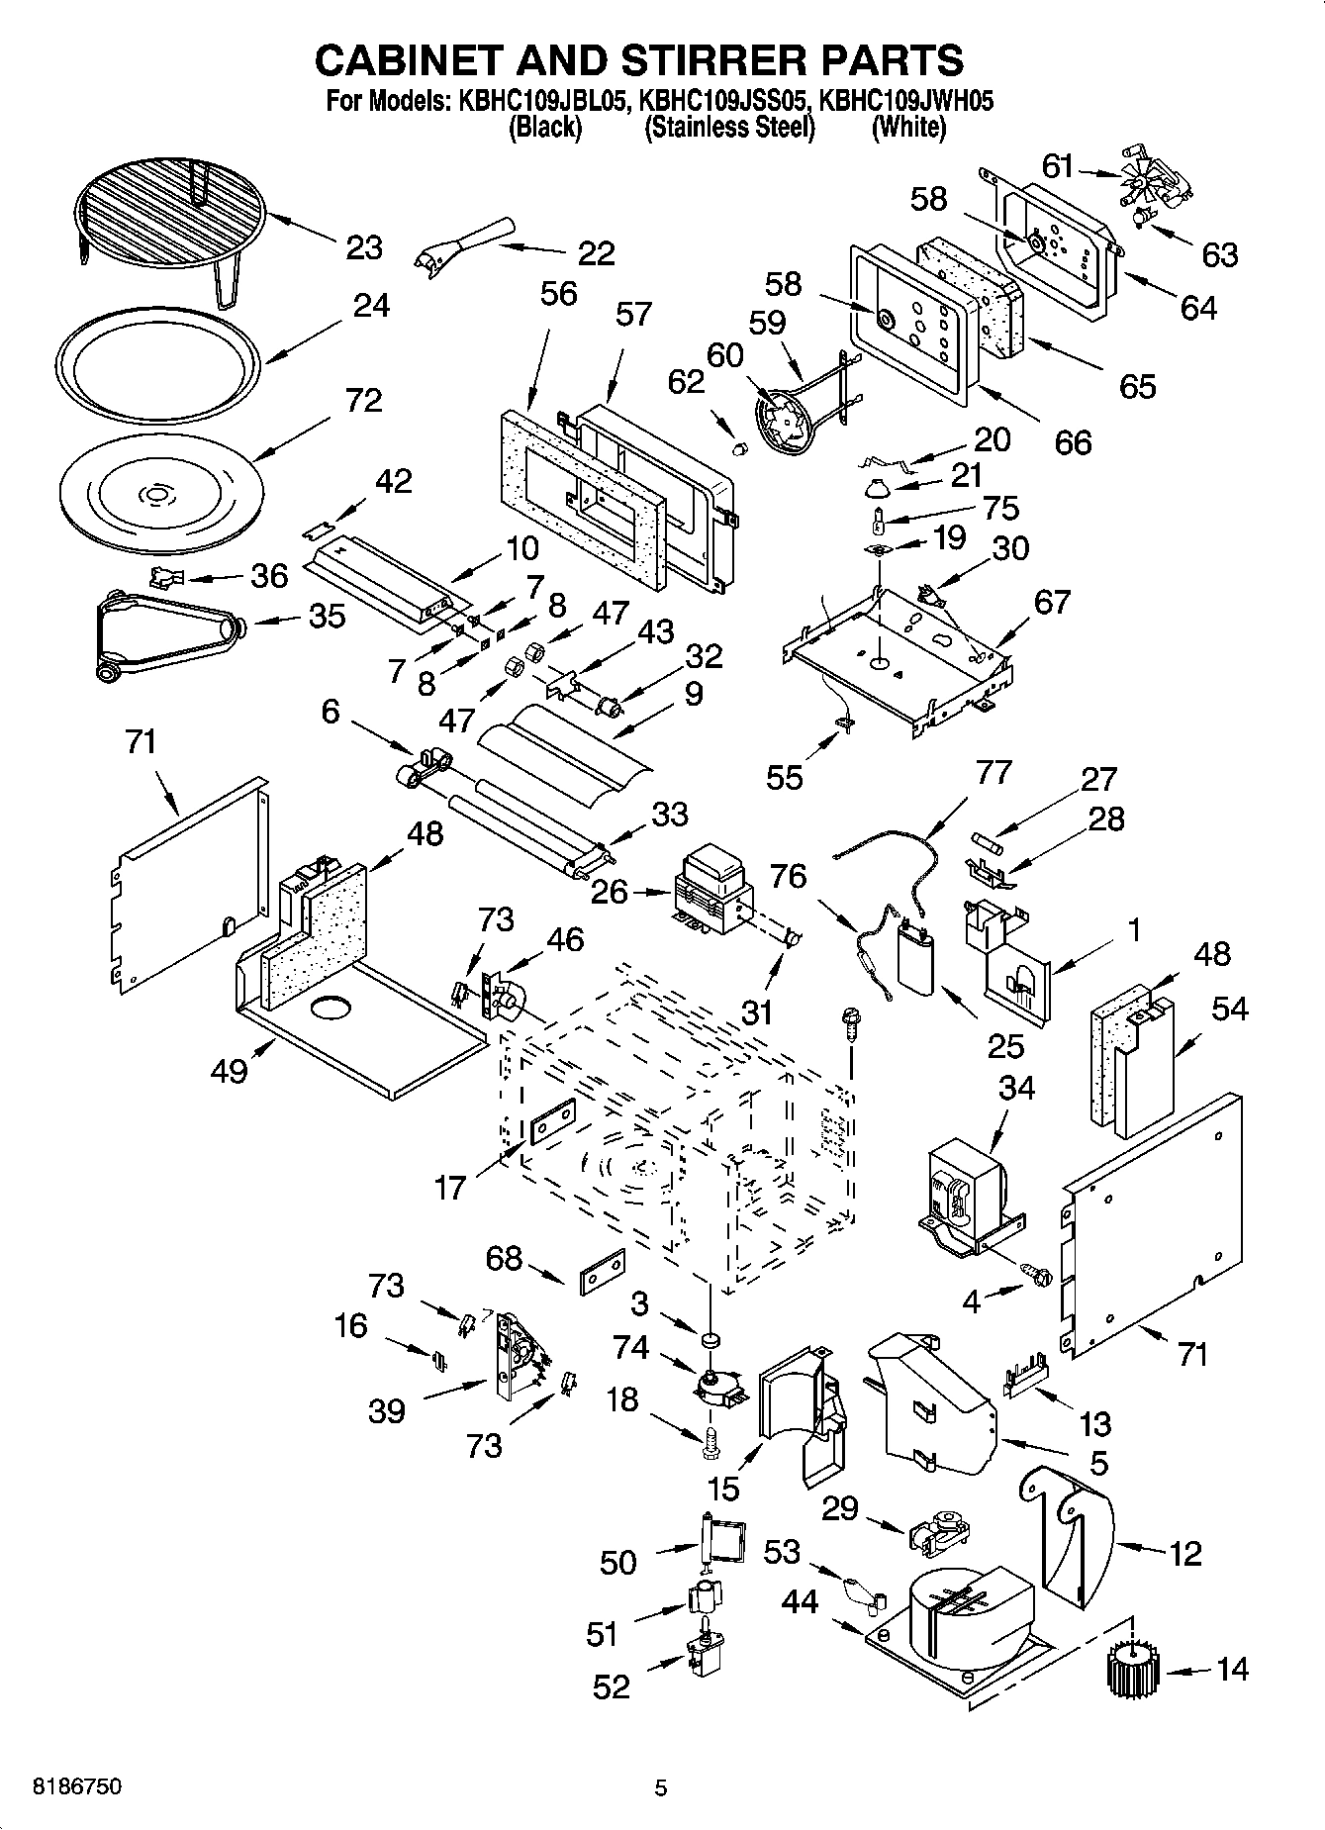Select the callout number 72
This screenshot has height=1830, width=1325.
(363, 401)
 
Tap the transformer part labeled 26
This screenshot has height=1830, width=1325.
(710, 888)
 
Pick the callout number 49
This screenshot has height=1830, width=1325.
(230, 1070)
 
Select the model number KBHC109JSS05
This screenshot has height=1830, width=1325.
(724, 100)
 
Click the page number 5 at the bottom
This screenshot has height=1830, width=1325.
(661, 1787)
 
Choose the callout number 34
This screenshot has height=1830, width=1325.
(1016, 1087)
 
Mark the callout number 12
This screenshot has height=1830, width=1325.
(1184, 1553)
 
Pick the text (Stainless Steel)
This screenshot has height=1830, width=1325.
(729, 128)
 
